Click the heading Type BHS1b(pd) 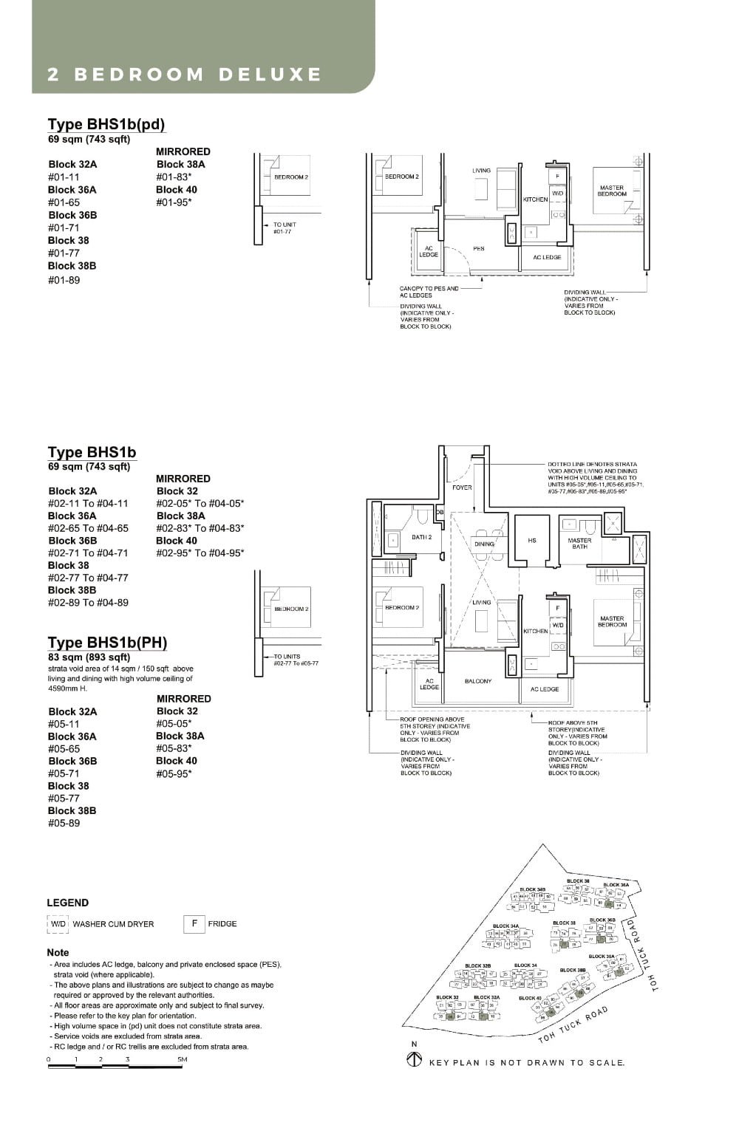click(x=106, y=124)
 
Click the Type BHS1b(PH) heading click(x=107, y=642)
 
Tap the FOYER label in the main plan click(x=462, y=488)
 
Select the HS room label click(x=532, y=541)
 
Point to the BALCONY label click(x=478, y=681)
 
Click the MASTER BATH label click(x=579, y=544)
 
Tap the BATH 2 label click(x=421, y=537)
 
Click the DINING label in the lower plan click(x=484, y=544)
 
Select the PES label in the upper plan click(x=479, y=249)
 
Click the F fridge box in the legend click(x=194, y=923)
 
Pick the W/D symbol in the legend click(x=58, y=924)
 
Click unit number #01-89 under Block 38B click(x=64, y=280)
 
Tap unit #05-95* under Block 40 click(x=174, y=773)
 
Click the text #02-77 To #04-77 click(x=88, y=578)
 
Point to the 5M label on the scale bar click(x=182, y=1059)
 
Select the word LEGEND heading click(x=67, y=903)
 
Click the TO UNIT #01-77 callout click(x=285, y=228)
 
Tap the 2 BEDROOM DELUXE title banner click(x=185, y=75)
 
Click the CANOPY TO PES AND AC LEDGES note click(x=429, y=292)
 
